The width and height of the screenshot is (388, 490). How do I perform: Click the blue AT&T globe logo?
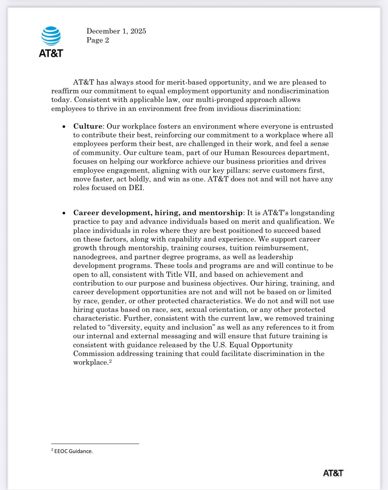click(x=51, y=36)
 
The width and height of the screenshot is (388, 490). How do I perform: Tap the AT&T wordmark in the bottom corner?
click(x=333, y=473)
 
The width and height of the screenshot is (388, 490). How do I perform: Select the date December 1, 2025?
click(x=116, y=31)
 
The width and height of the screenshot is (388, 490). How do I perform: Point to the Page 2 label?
click(x=97, y=40)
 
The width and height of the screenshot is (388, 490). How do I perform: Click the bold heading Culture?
click(x=88, y=126)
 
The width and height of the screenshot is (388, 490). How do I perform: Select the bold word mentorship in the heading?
click(x=220, y=213)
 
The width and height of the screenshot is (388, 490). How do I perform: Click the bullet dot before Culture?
click(x=64, y=127)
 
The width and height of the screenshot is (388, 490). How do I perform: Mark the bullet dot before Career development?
click(x=64, y=213)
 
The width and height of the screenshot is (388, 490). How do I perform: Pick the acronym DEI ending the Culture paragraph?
click(x=136, y=188)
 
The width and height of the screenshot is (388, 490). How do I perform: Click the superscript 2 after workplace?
click(x=110, y=361)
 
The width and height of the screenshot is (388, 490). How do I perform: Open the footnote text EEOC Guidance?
click(x=73, y=451)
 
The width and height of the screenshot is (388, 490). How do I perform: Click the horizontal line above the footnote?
click(x=95, y=444)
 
